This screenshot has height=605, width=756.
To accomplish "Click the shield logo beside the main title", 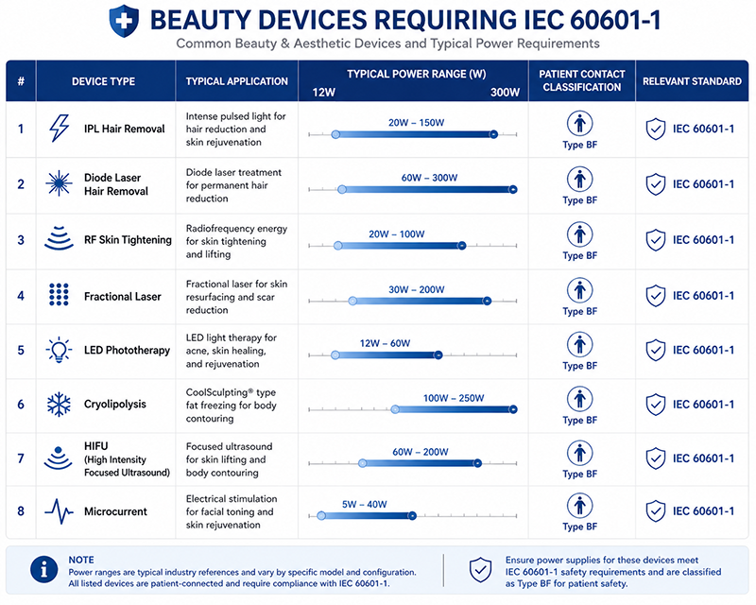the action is [x=124, y=21].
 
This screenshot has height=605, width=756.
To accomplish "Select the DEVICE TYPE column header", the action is [x=103, y=81].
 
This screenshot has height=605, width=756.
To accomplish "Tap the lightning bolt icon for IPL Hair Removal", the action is [x=60, y=129].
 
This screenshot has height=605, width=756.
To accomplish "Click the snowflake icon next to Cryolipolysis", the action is [x=59, y=405].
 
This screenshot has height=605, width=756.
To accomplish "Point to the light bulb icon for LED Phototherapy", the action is [x=59, y=350].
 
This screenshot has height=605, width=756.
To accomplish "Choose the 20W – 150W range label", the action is [x=416, y=123].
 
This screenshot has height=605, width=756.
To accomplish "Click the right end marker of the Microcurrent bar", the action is [x=412, y=516].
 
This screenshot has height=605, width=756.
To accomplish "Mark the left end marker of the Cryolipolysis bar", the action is [x=395, y=409].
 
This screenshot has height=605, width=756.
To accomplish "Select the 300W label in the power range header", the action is [x=505, y=92].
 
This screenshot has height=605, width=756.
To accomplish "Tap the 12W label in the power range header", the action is [x=323, y=92].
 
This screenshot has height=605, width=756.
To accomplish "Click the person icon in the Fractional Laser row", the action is [x=579, y=290].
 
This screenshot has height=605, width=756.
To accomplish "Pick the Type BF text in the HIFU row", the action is [x=579, y=475].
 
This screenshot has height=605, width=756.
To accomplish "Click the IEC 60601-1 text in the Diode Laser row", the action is [x=703, y=184].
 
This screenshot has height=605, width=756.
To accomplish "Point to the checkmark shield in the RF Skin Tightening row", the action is [x=656, y=240].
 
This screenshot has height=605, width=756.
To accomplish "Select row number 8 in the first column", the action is [x=21, y=510].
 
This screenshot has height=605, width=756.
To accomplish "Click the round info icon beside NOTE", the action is [x=43, y=569].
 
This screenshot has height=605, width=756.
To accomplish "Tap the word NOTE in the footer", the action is [x=81, y=560].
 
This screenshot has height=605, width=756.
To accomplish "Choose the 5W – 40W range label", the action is [x=365, y=504].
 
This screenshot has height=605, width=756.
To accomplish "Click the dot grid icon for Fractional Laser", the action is [x=59, y=294].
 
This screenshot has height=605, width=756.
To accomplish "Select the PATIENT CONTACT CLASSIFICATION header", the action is [x=582, y=80].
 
